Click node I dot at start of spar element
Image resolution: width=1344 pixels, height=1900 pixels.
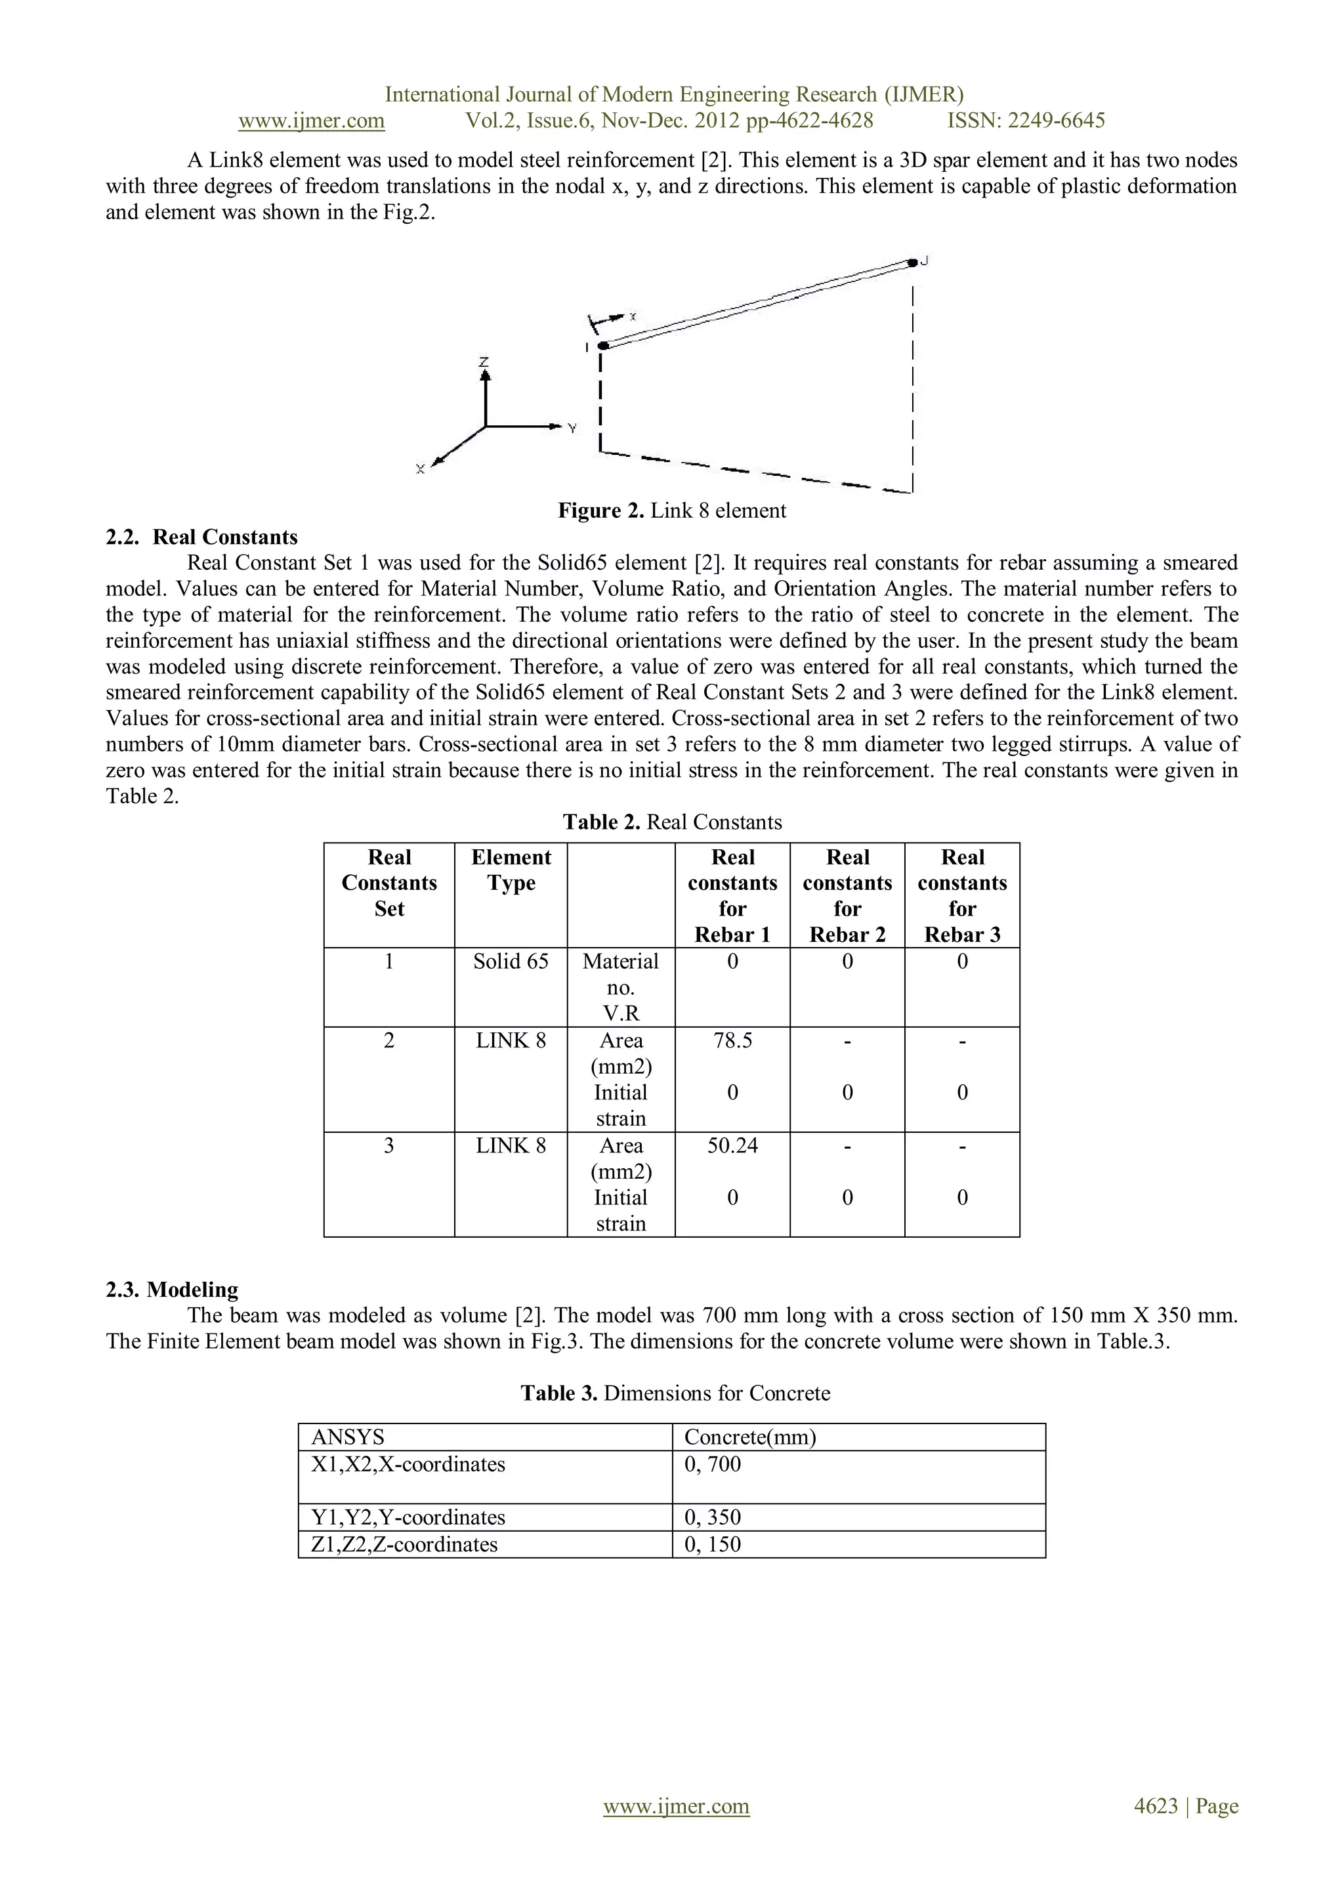pyautogui.click(x=603, y=345)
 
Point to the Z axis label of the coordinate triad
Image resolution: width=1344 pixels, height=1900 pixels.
pyautogui.click(x=484, y=362)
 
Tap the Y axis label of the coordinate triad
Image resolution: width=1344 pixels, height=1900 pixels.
pyautogui.click(x=572, y=428)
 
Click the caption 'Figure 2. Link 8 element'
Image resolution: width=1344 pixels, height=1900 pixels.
pyautogui.click(x=671, y=511)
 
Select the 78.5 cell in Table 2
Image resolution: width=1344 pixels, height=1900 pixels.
pyautogui.click(x=732, y=1041)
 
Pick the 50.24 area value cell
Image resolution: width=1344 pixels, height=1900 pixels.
pyautogui.click(x=732, y=1146)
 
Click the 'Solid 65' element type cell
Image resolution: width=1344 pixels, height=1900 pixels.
pyautogui.click(x=511, y=961)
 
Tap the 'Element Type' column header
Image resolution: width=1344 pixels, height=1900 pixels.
pyautogui.click(x=511, y=870)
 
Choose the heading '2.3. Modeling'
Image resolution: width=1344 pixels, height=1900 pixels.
pyautogui.click(x=171, y=1290)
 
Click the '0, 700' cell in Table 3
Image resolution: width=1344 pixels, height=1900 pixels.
pyautogui.click(x=713, y=1465)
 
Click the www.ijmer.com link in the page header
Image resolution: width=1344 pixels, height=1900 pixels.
pyautogui.click(x=311, y=121)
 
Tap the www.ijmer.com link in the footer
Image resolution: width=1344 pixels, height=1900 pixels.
pyautogui.click(x=676, y=1807)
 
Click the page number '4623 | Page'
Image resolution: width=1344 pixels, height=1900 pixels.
pyautogui.click(x=1185, y=1807)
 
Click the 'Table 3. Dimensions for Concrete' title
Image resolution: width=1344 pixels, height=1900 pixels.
pyautogui.click(x=675, y=1393)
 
